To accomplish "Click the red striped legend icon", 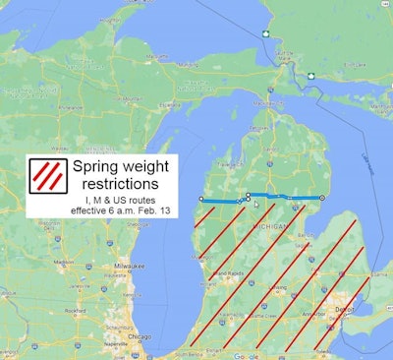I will pyautogui.click(x=47, y=174).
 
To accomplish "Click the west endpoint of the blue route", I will pyautogui.click(x=200, y=199).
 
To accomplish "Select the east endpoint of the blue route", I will pyautogui.click(x=322, y=197).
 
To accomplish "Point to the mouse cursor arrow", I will pyautogui.click(x=256, y=205).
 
